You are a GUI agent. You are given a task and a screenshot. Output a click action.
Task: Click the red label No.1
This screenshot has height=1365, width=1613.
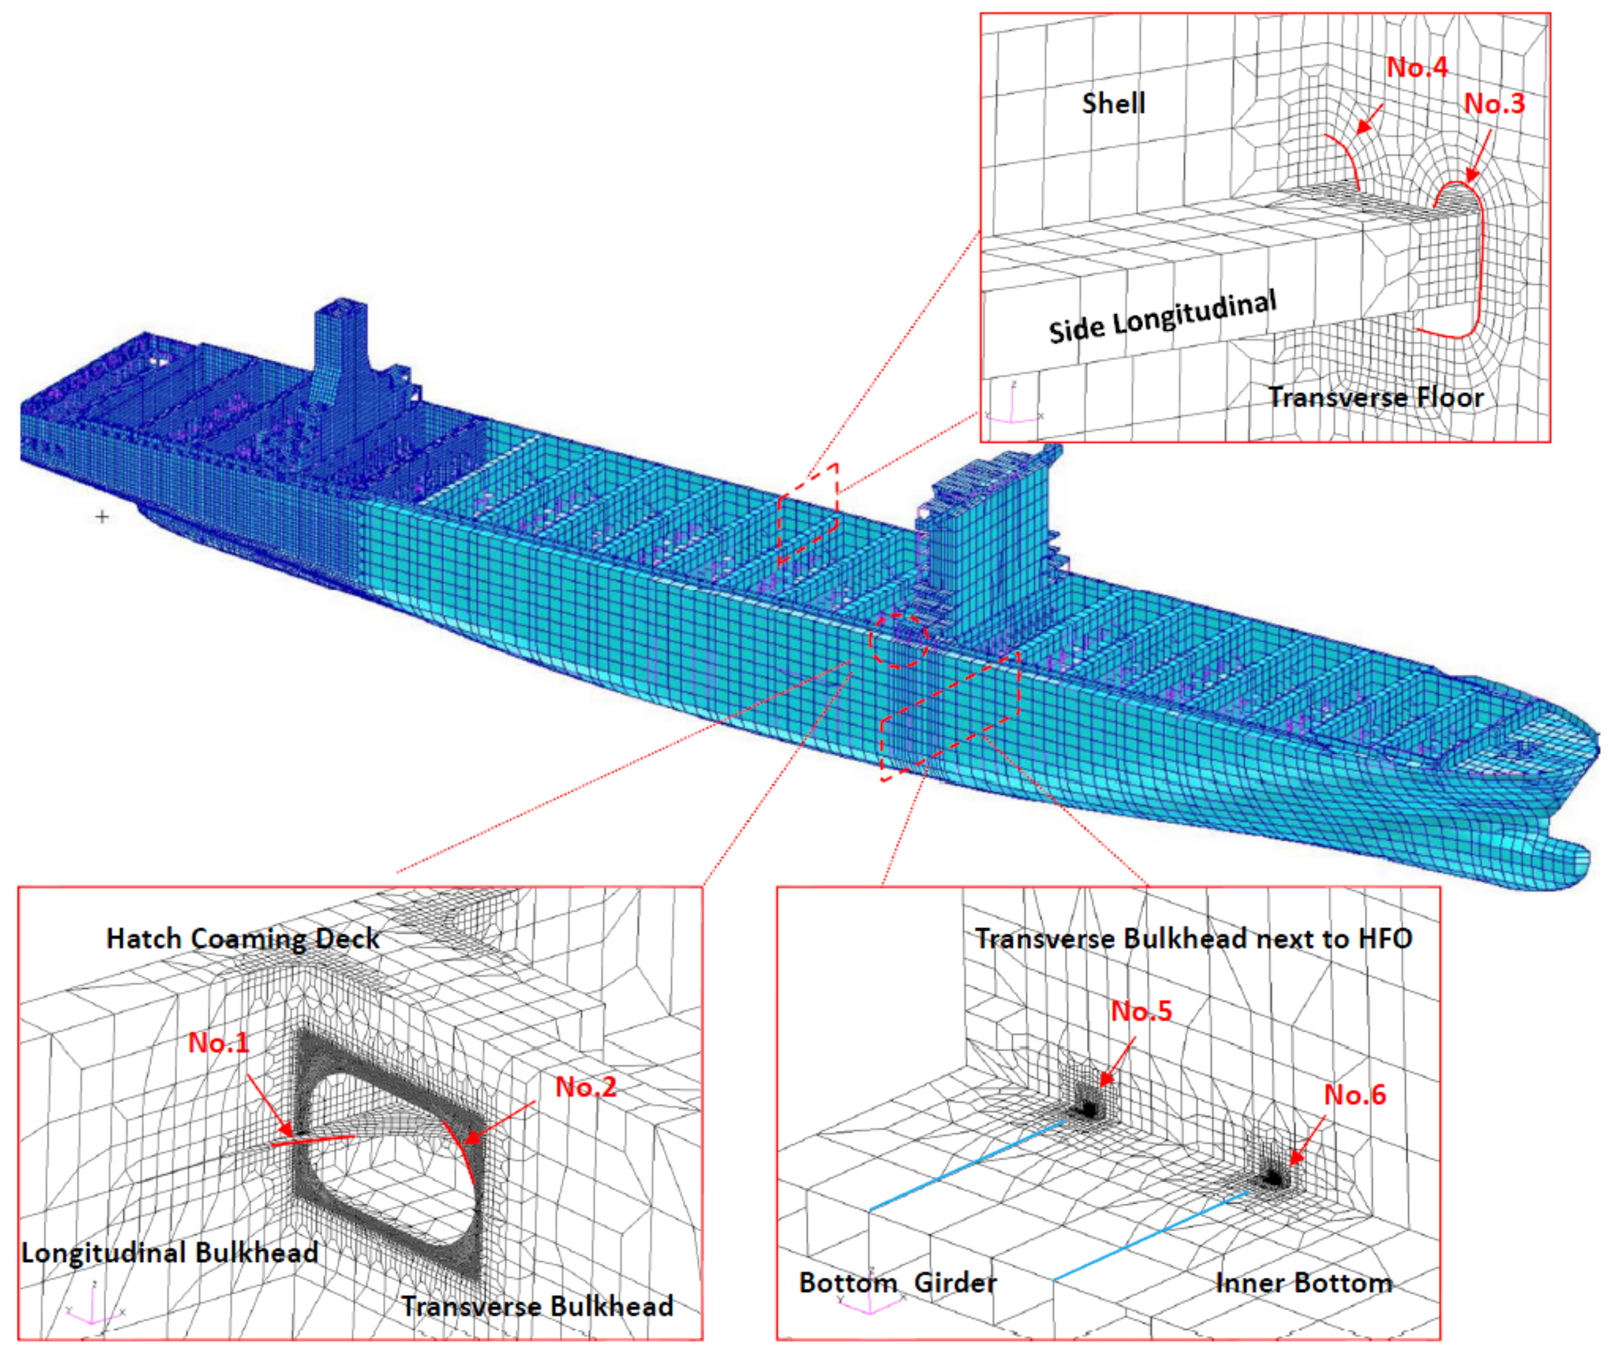pos(219,1043)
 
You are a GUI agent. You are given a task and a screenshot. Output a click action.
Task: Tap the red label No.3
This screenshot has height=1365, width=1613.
pos(1494,103)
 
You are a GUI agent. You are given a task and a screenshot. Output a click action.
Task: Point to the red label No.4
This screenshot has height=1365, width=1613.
pos(1416,68)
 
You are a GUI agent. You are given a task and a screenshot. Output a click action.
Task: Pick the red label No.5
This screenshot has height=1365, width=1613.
pos(1141,1011)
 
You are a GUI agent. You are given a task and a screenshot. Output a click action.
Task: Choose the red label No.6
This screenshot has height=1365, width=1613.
pos(1354,1094)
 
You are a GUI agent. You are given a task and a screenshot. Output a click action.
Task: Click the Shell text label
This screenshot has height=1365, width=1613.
pos(1113,103)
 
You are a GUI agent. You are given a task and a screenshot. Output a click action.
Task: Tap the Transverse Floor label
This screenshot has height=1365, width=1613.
pos(1375,397)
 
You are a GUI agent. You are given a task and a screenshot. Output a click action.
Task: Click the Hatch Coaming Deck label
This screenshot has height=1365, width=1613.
pos(242,938)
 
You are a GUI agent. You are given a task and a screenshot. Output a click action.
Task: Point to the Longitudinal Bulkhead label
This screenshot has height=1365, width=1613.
pos(170,1252)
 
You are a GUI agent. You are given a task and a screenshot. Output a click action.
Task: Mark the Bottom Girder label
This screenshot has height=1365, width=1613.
pos(897,1282)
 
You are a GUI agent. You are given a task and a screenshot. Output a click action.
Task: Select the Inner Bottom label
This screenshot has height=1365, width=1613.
pos(1303,1282)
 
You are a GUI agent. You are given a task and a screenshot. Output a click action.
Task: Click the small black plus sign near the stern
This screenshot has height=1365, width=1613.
pos(102,516)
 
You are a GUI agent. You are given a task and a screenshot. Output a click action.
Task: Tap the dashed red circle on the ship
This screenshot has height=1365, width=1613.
pos(898,640)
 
